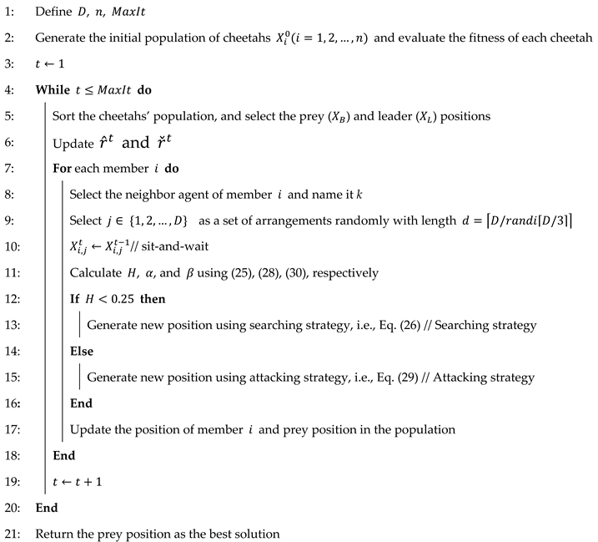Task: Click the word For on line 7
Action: pyautogui.click(x=63, y=168)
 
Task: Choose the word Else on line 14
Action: pyautogui.click(x=82, y=351)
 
